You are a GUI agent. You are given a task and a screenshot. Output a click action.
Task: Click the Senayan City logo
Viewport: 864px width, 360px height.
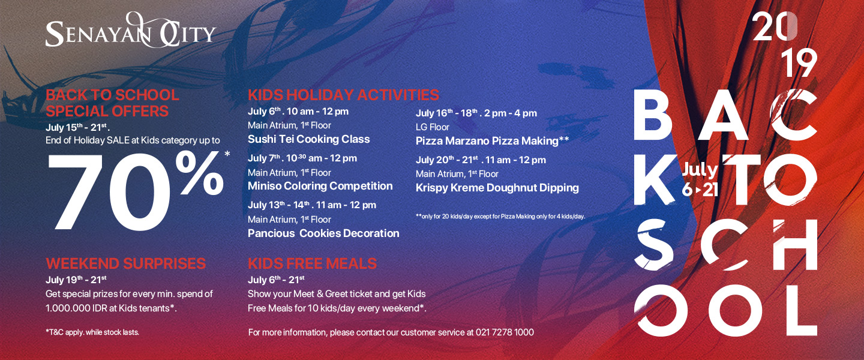pos(130,31)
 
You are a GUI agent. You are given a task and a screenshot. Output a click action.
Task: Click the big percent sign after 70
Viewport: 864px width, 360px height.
pos(199,173)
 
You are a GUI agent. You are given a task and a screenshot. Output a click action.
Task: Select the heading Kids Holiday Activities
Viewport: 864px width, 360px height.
pos(343,95)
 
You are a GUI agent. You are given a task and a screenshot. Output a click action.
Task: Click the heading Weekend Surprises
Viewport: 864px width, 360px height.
pos(126,263)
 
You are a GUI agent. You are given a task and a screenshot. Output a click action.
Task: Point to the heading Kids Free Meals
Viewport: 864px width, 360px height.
pos(312,263)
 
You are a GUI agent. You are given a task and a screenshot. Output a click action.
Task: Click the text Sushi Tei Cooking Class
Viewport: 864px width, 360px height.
pos(308,139)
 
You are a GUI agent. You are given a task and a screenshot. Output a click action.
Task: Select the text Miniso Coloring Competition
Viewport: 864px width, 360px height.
pos(320,186)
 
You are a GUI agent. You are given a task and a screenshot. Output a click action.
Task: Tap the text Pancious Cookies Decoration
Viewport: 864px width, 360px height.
pos(323,233)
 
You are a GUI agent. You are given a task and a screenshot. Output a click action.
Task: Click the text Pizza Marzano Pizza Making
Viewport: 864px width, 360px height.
pos(487,141)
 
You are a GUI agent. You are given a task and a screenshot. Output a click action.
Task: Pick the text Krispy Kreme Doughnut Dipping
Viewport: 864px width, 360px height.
pos(497,188)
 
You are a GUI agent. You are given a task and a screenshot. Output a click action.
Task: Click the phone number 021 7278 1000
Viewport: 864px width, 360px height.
pos(505,332)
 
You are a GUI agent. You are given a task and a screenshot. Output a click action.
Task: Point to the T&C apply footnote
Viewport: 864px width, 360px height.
pos(92,332)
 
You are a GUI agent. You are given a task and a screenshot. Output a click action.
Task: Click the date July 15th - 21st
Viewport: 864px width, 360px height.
pos(77,127)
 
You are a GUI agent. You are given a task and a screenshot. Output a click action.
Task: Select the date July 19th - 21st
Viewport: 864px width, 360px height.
pos(76,280)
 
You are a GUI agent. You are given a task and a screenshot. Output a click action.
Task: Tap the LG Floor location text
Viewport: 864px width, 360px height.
pos(433,127)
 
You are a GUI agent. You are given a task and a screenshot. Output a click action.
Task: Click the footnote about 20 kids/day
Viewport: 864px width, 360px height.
pos(500,217)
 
